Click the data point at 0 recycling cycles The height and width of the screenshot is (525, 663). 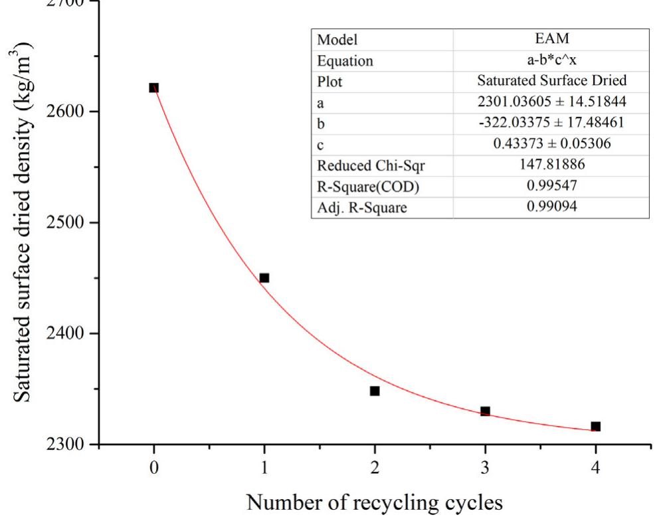click(x=154, y=88)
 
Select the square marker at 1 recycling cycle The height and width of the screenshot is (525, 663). click(x=264, y=278)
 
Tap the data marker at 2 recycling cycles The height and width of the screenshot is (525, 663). click(x=375, y=391)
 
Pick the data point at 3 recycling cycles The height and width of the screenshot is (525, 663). click(x=485, y=412)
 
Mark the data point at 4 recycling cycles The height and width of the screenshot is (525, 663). click(x=596, y=426)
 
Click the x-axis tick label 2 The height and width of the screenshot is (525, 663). click(x=375, y=467)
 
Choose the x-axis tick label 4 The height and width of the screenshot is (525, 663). click(x=596, y=467)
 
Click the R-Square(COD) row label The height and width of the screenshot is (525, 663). click(x=360, y=187)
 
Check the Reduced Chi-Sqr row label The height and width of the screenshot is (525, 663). click(x=360, y=166)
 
